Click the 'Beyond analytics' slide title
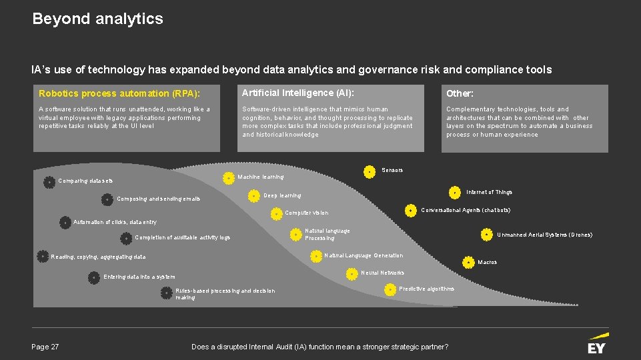97,19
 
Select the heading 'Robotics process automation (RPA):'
119,93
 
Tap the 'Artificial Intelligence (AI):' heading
297,93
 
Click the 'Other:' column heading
460,93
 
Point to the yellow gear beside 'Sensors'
369,171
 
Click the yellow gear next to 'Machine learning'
229,177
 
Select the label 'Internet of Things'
489,192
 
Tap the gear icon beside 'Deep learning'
254,196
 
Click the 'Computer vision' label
306,213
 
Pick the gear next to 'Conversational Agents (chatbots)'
412,210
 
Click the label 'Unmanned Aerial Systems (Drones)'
544,235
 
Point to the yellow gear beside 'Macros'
467,262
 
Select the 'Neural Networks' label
382,273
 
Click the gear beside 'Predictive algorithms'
390,289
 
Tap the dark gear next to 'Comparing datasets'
49,181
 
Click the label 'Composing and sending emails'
158,199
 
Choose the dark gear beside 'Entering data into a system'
94,277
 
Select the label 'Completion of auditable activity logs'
182,237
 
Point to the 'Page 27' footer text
45,347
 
